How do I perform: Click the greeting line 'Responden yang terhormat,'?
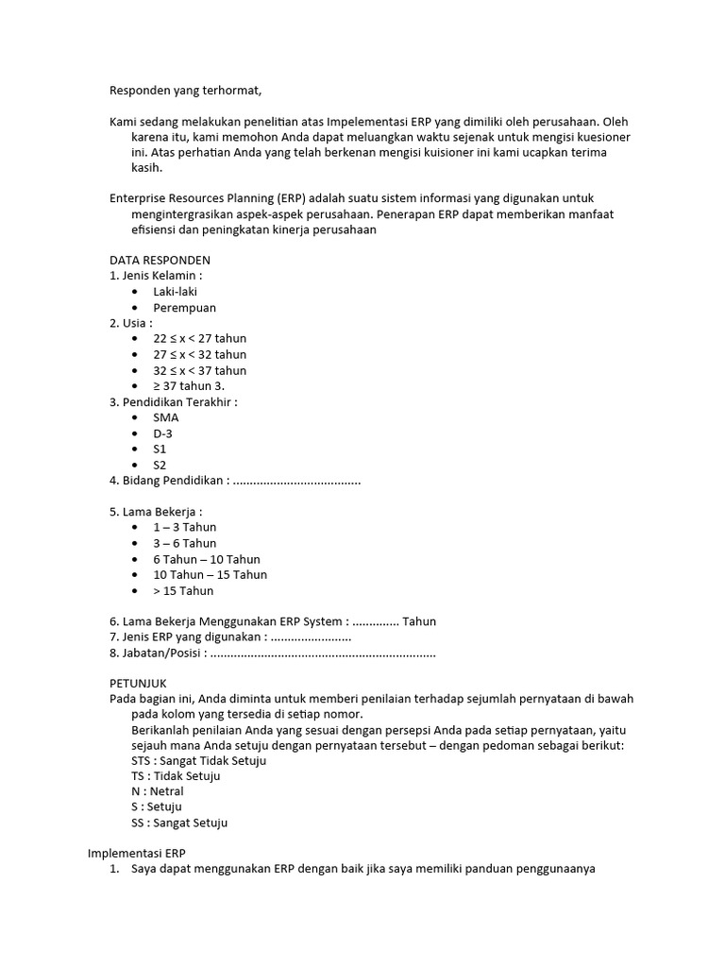[185, 91]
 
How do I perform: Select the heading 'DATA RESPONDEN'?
[160, 260]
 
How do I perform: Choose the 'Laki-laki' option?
[176, 292]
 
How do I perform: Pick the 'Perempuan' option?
[185, 308]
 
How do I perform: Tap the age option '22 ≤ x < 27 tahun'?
[200, 339]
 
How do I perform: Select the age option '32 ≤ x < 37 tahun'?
[200, 370]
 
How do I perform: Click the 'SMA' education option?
[166, 417]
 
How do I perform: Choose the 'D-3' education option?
[163, 433]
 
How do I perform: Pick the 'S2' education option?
[160, 465]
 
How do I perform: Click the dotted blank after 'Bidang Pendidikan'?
[296, 481]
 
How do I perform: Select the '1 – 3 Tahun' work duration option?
[185, 527]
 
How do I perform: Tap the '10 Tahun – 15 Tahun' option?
[211, 574]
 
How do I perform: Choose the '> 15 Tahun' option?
[184, 590]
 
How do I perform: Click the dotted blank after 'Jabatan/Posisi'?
[323, 653]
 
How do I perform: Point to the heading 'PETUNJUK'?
[138, 682]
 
